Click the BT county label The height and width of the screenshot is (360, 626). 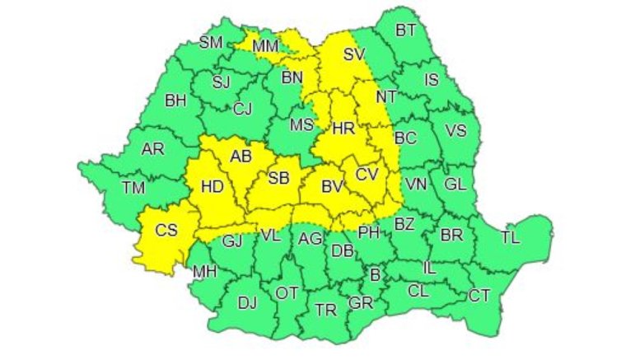[x=405, y=30]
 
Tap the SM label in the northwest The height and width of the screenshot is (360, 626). [x=211, y=44]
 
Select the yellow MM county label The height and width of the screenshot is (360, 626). [x=265, y=47]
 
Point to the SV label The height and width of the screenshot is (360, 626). [x=353, y=55]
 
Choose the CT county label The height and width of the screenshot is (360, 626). [x=479, y=296]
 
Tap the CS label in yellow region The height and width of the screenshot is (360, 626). [x=167, y=231]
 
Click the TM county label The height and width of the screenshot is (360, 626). [x=133, y=188]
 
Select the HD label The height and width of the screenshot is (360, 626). [x=212, y=187]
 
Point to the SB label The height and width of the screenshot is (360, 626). [x=279, y=179]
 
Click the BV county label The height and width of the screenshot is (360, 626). [x=331, y=189]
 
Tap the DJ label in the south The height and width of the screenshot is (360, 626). [x=247, y=302]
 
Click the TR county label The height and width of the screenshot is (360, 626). [x=326, y=310]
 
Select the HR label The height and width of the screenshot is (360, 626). [x=343, y=128]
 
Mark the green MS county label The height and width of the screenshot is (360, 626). [x=302, y=125]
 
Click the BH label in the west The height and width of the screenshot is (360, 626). [x=175, y=101]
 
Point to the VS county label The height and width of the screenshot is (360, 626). [x=455, y=130]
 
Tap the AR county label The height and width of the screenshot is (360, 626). [x=152, y=149]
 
